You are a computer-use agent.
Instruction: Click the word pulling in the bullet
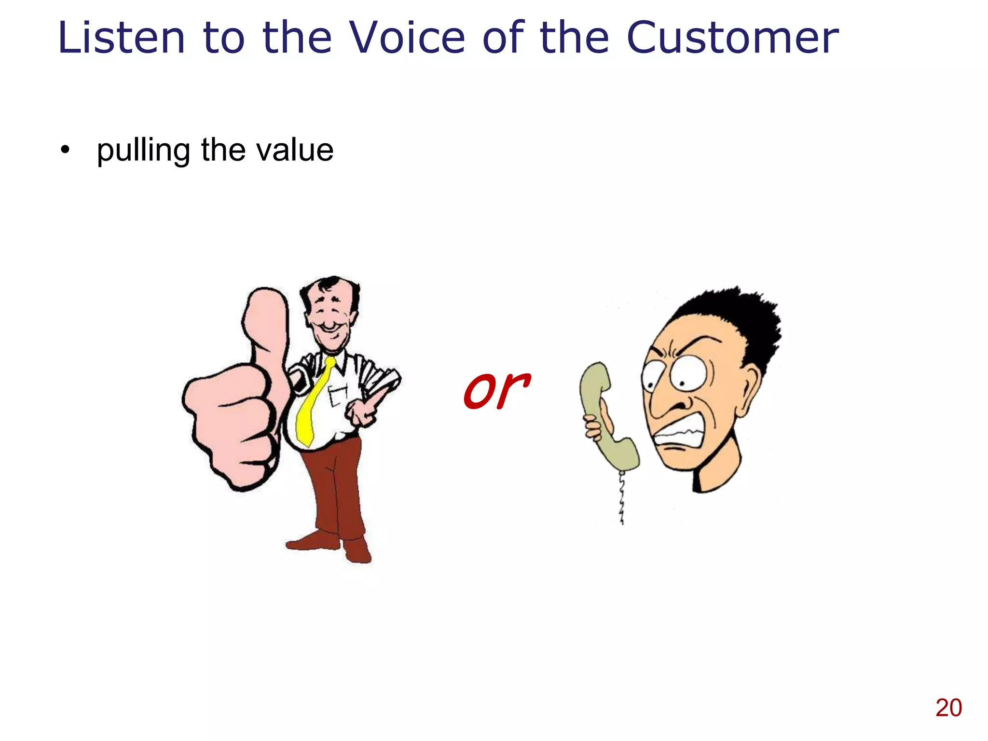(143, 151)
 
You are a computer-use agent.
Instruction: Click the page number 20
(948, 708)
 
